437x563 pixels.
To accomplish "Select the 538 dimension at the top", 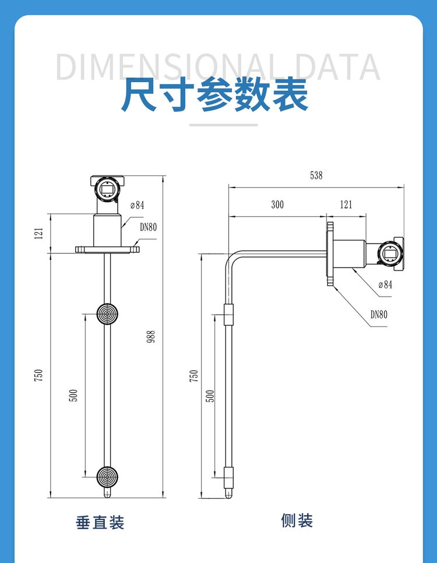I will [316, 175].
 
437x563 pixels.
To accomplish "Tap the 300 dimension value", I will [277, 205].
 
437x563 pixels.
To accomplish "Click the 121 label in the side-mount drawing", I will [346, 205].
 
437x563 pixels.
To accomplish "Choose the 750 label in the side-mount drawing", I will [194, 375].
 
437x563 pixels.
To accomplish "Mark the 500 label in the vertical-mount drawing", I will [73, 395].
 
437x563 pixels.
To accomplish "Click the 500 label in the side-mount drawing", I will [211, 396].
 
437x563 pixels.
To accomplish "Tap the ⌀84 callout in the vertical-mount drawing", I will [137, 205].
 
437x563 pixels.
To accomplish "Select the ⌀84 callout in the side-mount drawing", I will [385, 285].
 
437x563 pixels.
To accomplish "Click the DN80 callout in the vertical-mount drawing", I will [148, 227].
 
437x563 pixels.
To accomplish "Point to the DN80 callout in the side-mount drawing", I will [379, 315].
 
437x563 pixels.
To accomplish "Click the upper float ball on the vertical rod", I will [107, 312].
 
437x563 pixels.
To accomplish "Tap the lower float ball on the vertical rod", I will [107, 476].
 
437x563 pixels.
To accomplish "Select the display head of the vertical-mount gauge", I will [107, 188].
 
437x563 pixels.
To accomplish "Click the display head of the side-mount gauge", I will [389, 252].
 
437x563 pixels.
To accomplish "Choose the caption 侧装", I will [297, 520].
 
